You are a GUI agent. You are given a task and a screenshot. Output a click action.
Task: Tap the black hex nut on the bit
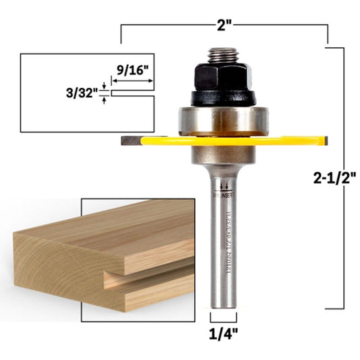[x=222, y=75]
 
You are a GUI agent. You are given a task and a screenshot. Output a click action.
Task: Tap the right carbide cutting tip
[x=325, y=141]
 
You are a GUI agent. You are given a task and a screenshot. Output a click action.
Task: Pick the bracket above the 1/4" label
[x=224, y=318]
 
